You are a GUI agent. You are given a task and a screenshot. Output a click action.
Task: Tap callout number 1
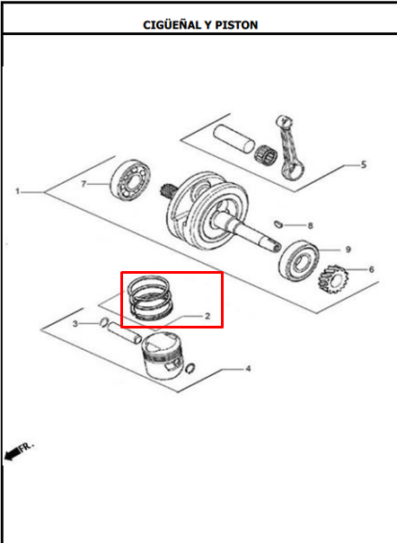tap(18, 191)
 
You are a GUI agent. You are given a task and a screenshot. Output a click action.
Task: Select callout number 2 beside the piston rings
tap(207, 316)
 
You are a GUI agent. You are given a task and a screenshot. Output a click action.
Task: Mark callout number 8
tap(310, 226)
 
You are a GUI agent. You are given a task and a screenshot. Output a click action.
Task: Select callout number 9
tap(348, 250)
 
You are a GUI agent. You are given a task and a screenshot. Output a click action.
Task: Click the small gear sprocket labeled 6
tap(332, 279)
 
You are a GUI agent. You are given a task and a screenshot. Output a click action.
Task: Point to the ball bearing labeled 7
tap(130, 180)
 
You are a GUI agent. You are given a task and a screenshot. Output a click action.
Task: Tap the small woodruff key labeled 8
tap(278, 224)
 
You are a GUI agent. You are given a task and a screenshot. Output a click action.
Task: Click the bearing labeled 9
tap(298, 260)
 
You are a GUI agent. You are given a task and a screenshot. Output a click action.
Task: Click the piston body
tap(163, 355)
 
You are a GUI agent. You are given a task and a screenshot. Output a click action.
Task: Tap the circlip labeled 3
tap(104, 322)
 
